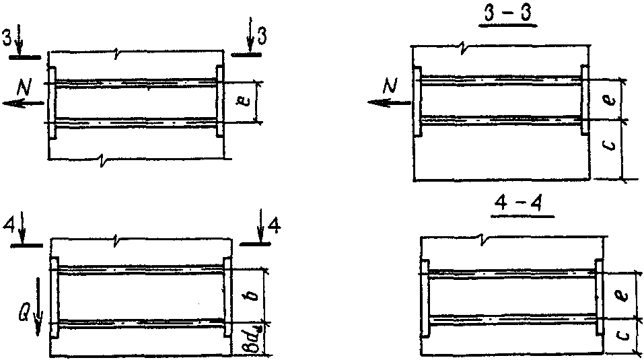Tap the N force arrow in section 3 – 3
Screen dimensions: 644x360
(x=389, y=102)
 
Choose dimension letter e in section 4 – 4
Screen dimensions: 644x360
(x=620, y=294)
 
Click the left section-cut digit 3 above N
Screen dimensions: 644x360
(x=7, y=37)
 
